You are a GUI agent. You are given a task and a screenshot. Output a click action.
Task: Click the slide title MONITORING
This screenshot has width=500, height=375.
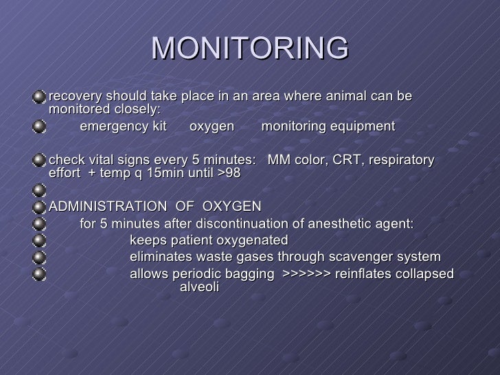pyautogui.click(x=250, y=47)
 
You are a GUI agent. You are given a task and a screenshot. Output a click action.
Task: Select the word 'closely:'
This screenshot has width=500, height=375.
pyautogui.click(x=136, y=109)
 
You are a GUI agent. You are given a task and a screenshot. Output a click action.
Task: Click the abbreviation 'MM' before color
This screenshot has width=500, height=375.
pyautogui.click(x=277, y=160)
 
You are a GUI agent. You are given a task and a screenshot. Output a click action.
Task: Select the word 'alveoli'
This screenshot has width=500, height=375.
pyautogui.click(x=199, y=286)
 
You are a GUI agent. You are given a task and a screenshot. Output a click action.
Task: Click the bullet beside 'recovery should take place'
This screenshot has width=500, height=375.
pyautogui.click(x=41, y=96)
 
